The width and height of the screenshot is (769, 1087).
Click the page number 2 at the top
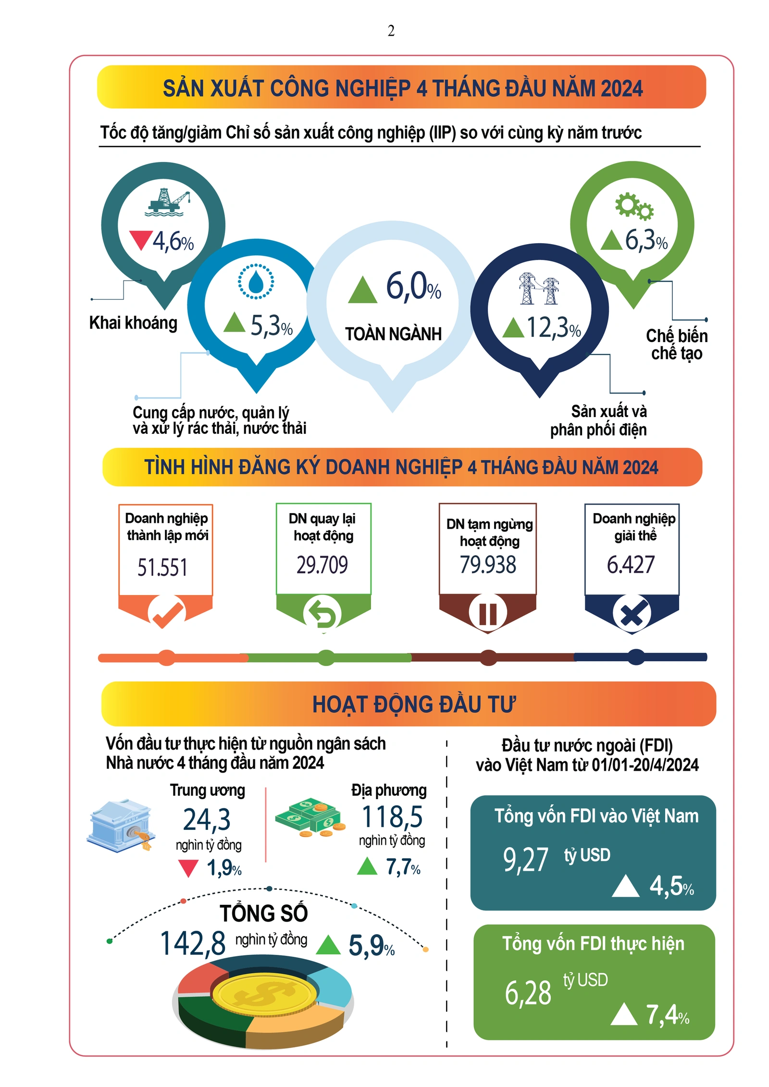391,31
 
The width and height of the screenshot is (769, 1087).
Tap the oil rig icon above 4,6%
168,202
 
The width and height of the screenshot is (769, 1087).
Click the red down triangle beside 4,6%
141,239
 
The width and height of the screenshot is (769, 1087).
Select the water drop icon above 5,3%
256,281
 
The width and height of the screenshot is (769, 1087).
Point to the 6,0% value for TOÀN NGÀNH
413,286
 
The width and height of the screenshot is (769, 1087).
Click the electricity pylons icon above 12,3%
539,288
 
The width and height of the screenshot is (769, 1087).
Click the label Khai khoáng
133,323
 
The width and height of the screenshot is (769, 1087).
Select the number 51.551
162,567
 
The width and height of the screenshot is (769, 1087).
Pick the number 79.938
488,565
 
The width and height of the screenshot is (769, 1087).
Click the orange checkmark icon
166,614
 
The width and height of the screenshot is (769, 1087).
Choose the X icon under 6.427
632,614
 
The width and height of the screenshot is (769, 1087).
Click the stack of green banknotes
310,817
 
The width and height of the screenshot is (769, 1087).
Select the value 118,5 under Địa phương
392,817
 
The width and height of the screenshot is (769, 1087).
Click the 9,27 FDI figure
525,860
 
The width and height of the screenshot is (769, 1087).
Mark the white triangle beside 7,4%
624,1014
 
